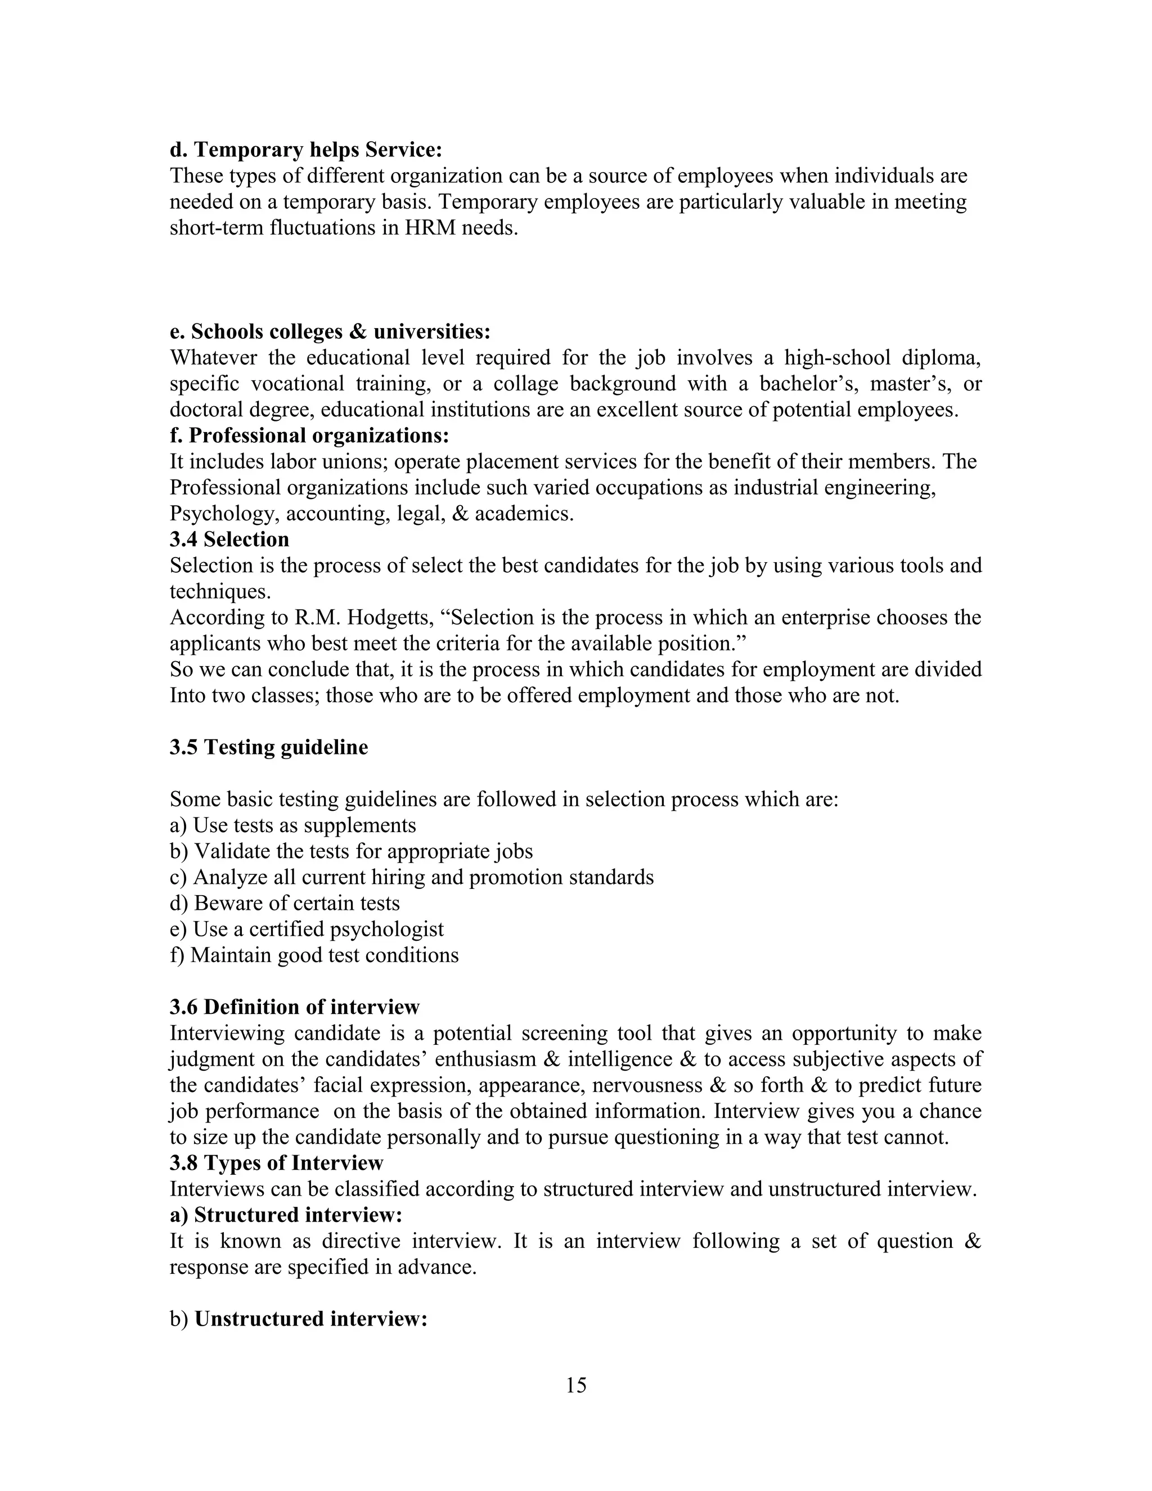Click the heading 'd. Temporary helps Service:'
(x=306, y=150)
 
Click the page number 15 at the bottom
(x=575, y=1385)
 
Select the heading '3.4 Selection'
(x=229, y=540)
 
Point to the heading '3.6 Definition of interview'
(x=295, y=1007)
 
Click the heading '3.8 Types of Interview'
(x=276, y=1162)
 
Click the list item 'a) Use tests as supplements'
(x=292, y=825)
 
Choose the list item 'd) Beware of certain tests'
(x=285, y=903)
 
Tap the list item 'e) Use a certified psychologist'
(x=307, y=929)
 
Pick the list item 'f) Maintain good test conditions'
(x=314, y=955)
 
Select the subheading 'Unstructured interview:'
(x=310, y=1318)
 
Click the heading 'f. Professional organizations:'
(x=309, y=435)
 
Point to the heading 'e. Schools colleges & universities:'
(x=330, y=332)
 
